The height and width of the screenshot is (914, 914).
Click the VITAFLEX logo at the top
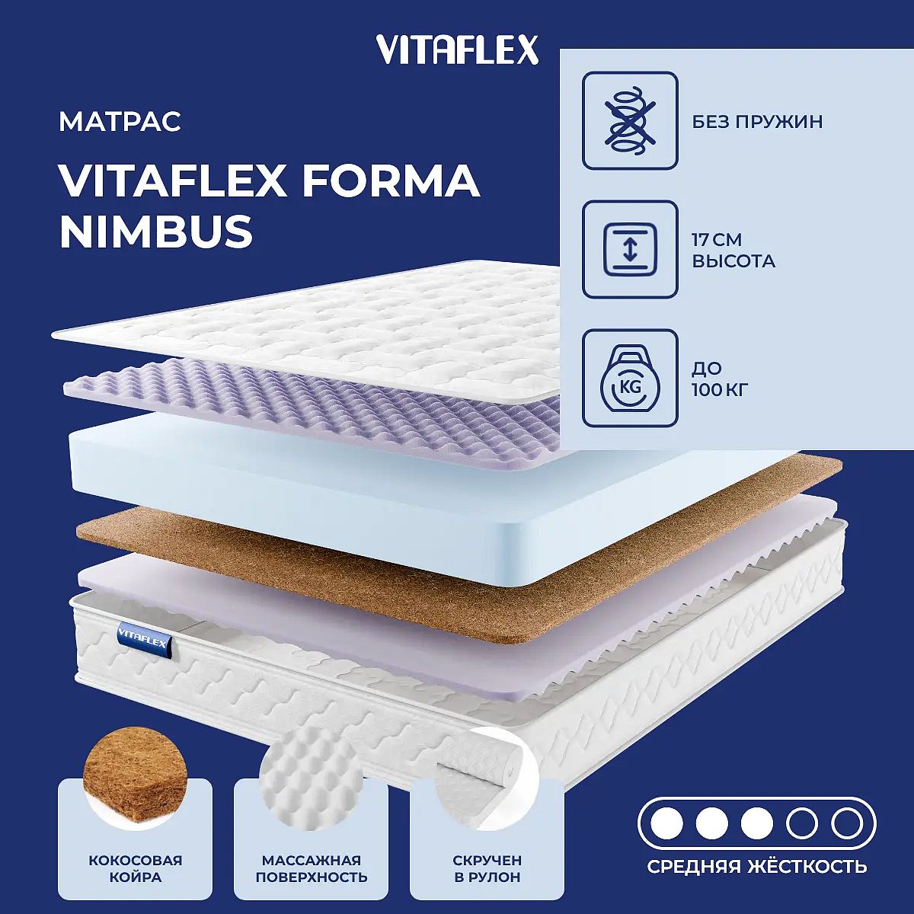[x=457, y=50]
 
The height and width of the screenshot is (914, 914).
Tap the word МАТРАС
[x=120, y=122]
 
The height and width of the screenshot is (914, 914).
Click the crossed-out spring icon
[x=630, y=120]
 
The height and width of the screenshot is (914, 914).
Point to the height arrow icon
[x=630, y=250]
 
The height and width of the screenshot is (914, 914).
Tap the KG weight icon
[x=630, y=379]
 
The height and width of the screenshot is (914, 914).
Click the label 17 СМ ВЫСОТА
[x=733, y=251]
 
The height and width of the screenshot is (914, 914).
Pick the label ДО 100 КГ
[x=720, y=379]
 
